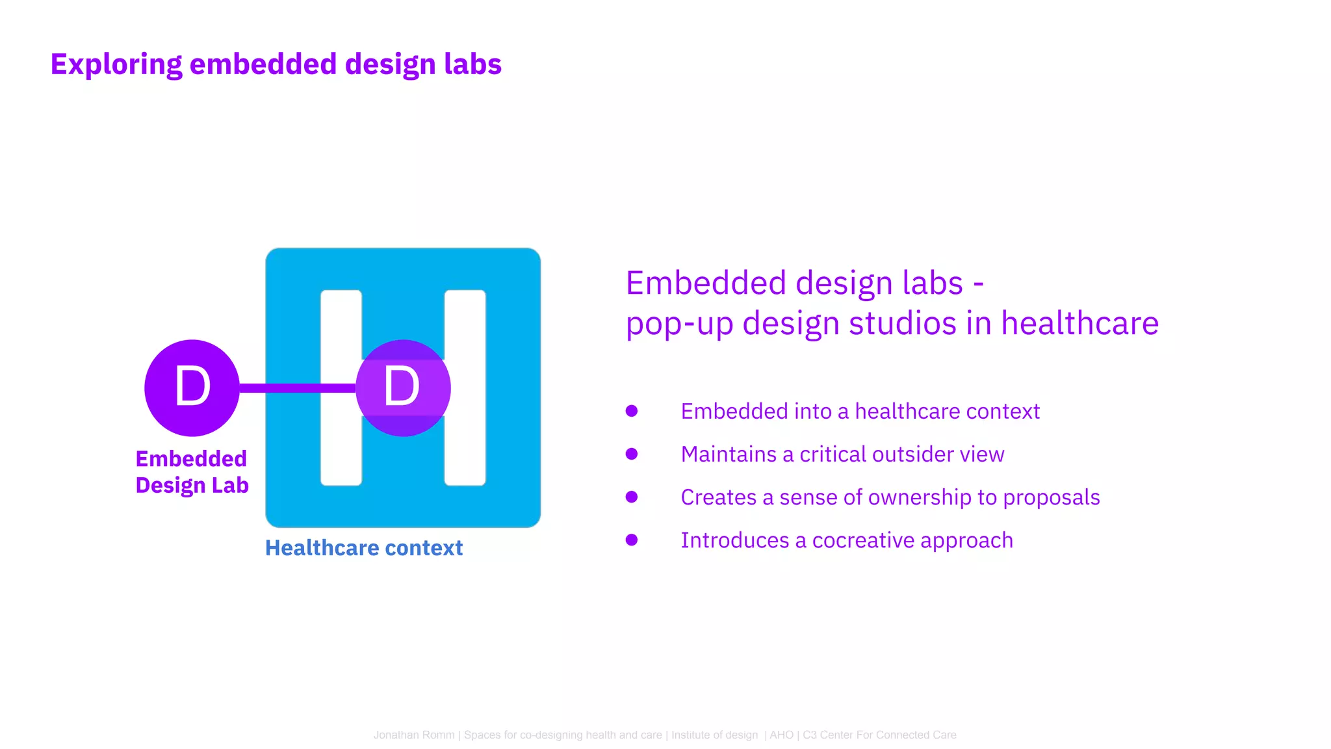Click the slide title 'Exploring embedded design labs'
[276, 64]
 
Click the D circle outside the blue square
[192, 388]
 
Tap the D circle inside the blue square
[403, 388]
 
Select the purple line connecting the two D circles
[296, 388]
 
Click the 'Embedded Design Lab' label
[192, 472]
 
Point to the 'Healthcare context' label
[364, 548]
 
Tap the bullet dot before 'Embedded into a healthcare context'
[632, 411]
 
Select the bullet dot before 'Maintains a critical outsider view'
[632, 454]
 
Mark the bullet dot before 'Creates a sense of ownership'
[632, 497]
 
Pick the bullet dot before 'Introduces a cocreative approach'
[632, 540]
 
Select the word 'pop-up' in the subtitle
[679, 324]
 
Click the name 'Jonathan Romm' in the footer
[414, 735]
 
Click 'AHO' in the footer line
[782, 735]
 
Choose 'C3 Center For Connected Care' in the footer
[879, 735]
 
